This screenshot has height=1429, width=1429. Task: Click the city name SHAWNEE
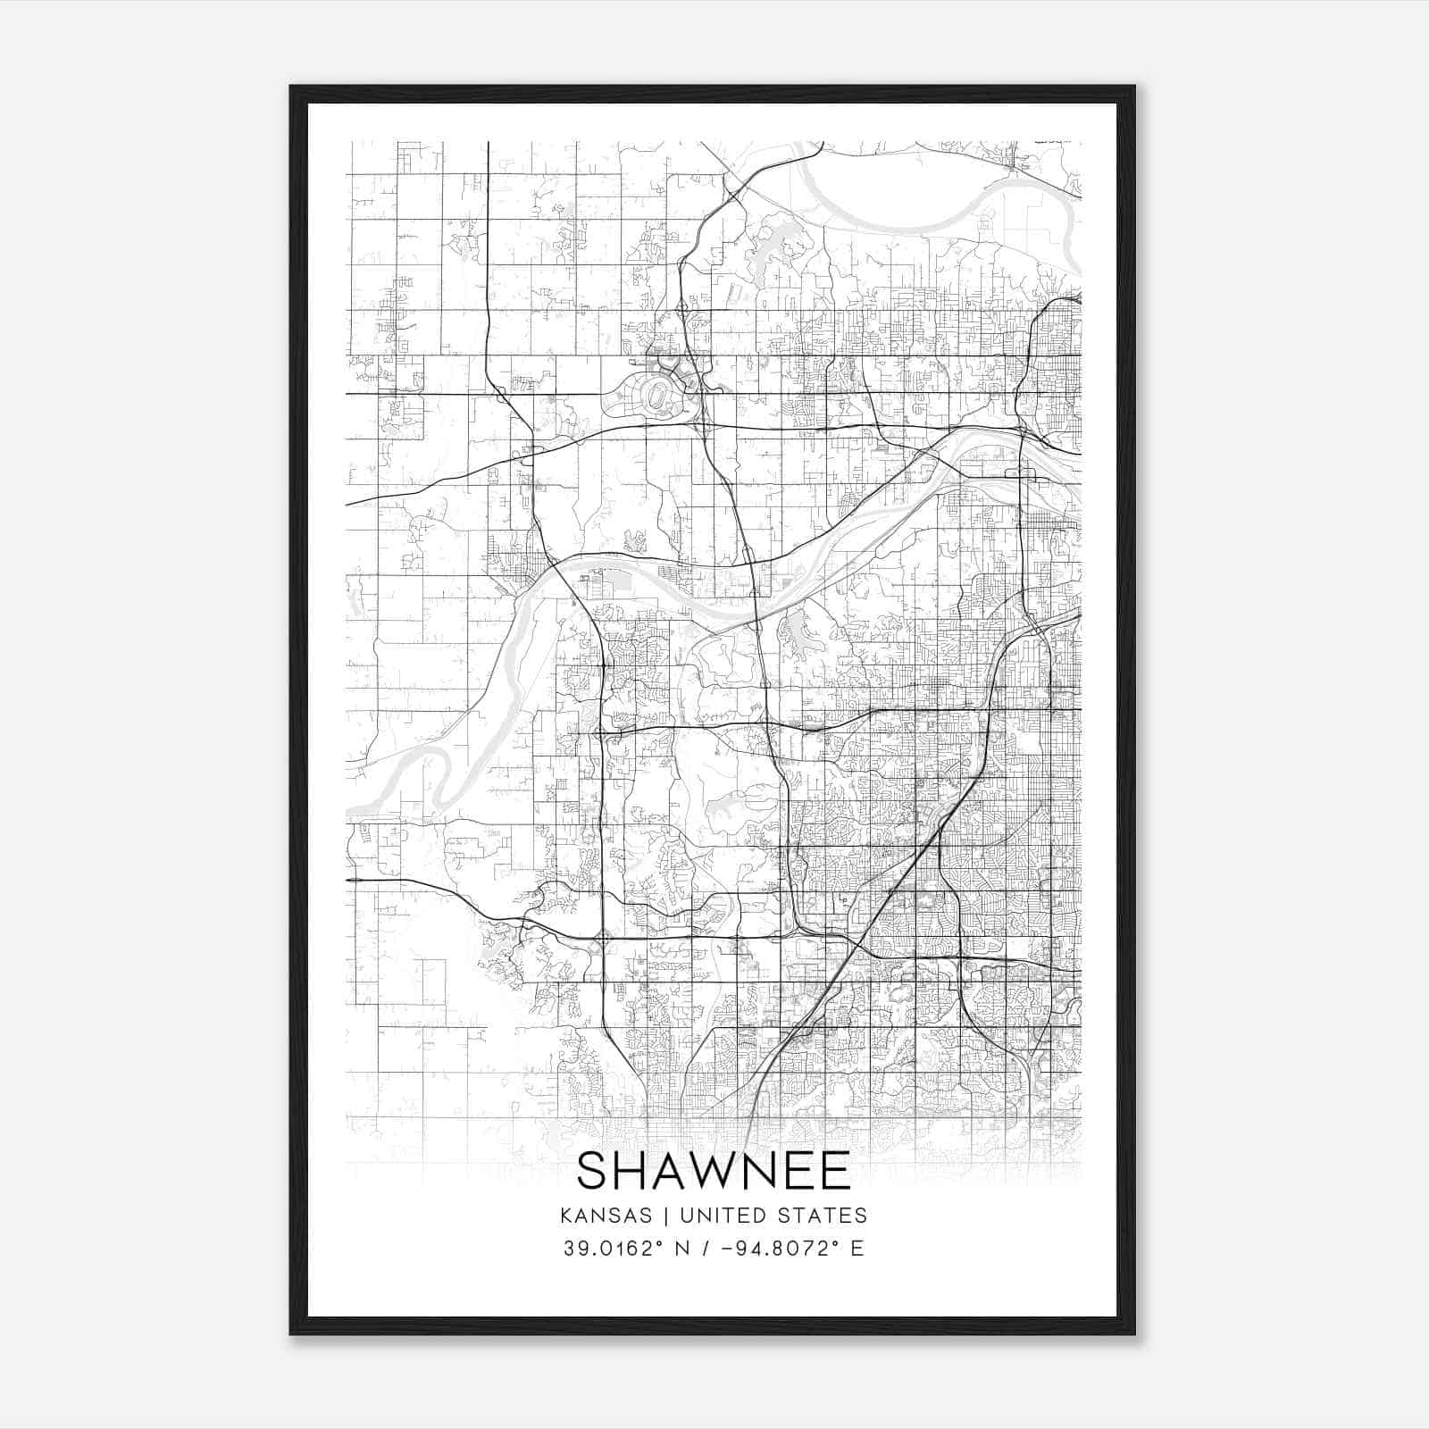(714, 1171)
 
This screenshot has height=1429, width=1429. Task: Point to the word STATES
(830, 1216)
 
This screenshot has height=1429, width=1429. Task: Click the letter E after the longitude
(857, 1249)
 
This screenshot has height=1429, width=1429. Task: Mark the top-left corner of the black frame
(292, 88)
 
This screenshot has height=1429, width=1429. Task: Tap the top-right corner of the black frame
(1133, 88)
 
